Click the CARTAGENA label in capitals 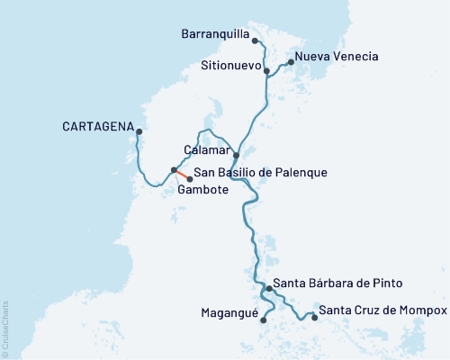[x=98, y=125]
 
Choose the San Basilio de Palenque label [x=253, y=172]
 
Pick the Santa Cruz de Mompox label [x=383, y=310]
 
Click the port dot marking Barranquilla [x=255, y=40]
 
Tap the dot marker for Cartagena [x=139, y=132]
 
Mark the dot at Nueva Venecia [x=290, y=63]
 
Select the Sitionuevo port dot [x=266, y=70]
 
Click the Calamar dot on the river [x=236, y=156]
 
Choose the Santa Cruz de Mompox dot [x=313, y=317]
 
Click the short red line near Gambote [x=182, y=175]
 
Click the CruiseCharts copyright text [x=5, y=324]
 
